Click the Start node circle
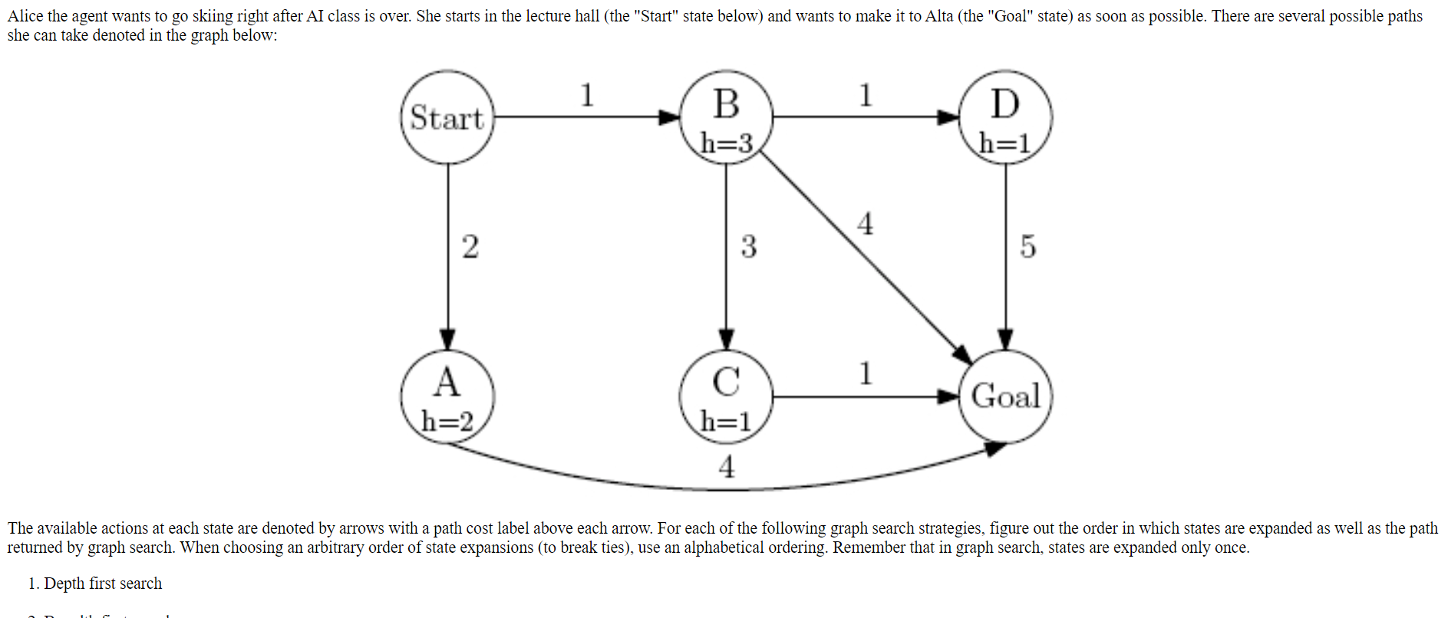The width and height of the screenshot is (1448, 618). click(x=447, y=117)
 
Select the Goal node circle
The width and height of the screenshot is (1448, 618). click(x=1005, y=396)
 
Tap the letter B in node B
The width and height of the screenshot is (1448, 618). click(x=726, y=104)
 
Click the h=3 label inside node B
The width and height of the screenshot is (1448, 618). click(x=726, y=143)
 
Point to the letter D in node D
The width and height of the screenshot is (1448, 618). click(x=1005, y=104)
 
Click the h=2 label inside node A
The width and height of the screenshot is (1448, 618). click(x=447, y=421)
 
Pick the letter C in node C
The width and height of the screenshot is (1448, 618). click(x=726, y=382)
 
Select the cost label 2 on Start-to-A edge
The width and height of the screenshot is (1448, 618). click(x=470, y=247)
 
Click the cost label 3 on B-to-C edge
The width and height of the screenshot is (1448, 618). click(x=748, y=247)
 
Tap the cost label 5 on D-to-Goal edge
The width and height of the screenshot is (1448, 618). click(x=1027, y=247)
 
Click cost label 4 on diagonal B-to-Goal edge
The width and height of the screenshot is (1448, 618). click(x=865, y=224)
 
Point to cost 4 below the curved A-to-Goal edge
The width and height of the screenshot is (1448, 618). click(x=726, y=466)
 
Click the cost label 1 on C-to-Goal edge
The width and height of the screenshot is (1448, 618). click(x=866, y=373)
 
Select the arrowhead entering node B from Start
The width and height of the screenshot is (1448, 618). click(x=669, y=117)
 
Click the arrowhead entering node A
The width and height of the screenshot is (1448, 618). click(x=448, y=339)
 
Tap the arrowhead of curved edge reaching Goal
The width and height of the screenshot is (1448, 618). click(x=995, y=449)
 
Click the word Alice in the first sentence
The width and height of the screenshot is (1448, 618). click(x=25, y=16)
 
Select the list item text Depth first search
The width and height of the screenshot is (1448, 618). click(x=103, y=583)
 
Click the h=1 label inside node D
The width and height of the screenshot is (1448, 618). click(x=1004, y=143)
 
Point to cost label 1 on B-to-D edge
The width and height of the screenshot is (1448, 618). click(x=866, y=95)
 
